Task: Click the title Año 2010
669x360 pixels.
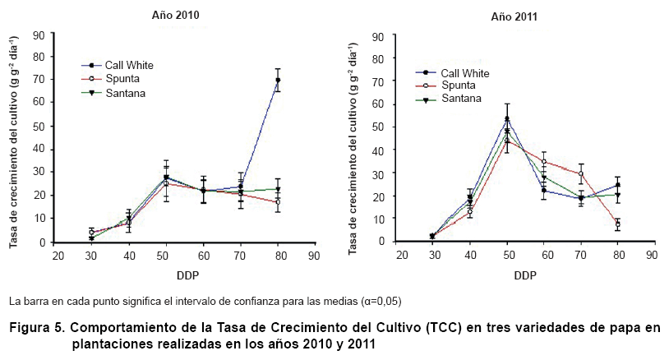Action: tap(175, 16)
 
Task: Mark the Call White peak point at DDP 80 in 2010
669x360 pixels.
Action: tap(278, 81)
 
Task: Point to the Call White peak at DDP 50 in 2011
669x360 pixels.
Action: tap(507, 118)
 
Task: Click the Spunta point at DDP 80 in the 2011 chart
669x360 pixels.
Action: tap(617, 224)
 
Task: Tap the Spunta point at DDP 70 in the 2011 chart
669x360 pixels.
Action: tap(580, 174)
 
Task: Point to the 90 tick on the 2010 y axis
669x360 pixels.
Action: tap(38, 35)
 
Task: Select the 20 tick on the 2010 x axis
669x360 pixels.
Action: tap(58, 256)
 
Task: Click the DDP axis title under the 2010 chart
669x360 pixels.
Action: tap(185, 274)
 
